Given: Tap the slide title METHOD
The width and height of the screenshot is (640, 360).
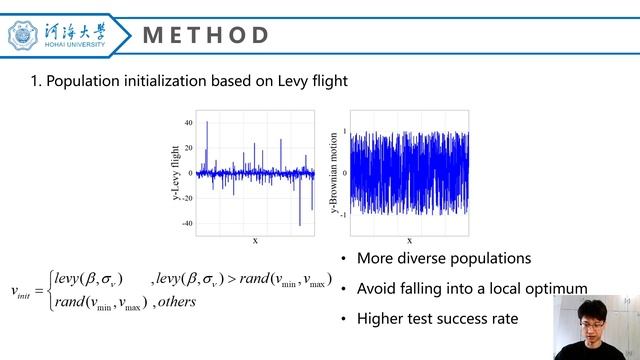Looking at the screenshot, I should (x=206, y=36).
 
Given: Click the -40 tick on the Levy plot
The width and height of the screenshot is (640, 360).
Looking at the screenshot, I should (x=186, y=223).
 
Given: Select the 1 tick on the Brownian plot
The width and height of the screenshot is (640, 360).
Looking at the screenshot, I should (x=344, y=131).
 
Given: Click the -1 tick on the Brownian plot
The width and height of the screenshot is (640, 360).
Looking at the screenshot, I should (x=343, y=215).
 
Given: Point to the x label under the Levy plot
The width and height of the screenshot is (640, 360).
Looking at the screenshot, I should (x=255, y=240).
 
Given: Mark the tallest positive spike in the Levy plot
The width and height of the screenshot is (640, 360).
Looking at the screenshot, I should (x=207, y=123).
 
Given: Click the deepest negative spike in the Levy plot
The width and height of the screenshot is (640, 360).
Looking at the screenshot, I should (x=299, y=224).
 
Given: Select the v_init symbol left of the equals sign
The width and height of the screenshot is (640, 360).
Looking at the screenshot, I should (x=21, y=291).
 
